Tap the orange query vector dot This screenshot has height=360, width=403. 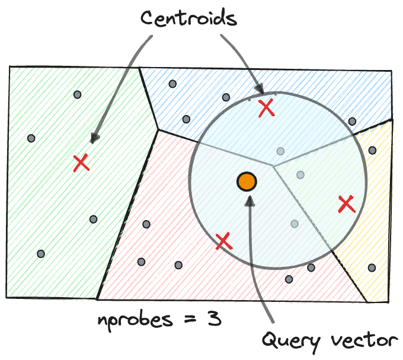(x=246, y=181)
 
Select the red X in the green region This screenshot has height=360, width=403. (x=81, y=163)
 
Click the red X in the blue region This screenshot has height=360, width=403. (x=267, y=107)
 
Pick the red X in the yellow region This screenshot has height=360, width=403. (x=346, y=205)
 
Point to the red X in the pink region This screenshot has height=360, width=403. (x=223, y=241)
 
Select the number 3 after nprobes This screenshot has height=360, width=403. (x=215, y=319)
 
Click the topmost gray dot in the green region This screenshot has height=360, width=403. (x=77, y=95)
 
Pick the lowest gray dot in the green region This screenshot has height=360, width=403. (x=41, y=253)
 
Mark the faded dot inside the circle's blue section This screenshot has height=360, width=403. (x=280, y=151)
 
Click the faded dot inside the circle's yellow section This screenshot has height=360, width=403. (x=300, y=175)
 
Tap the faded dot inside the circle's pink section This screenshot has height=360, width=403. (x=295, y=224)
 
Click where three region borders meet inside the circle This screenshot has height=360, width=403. (x=273, y=165)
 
